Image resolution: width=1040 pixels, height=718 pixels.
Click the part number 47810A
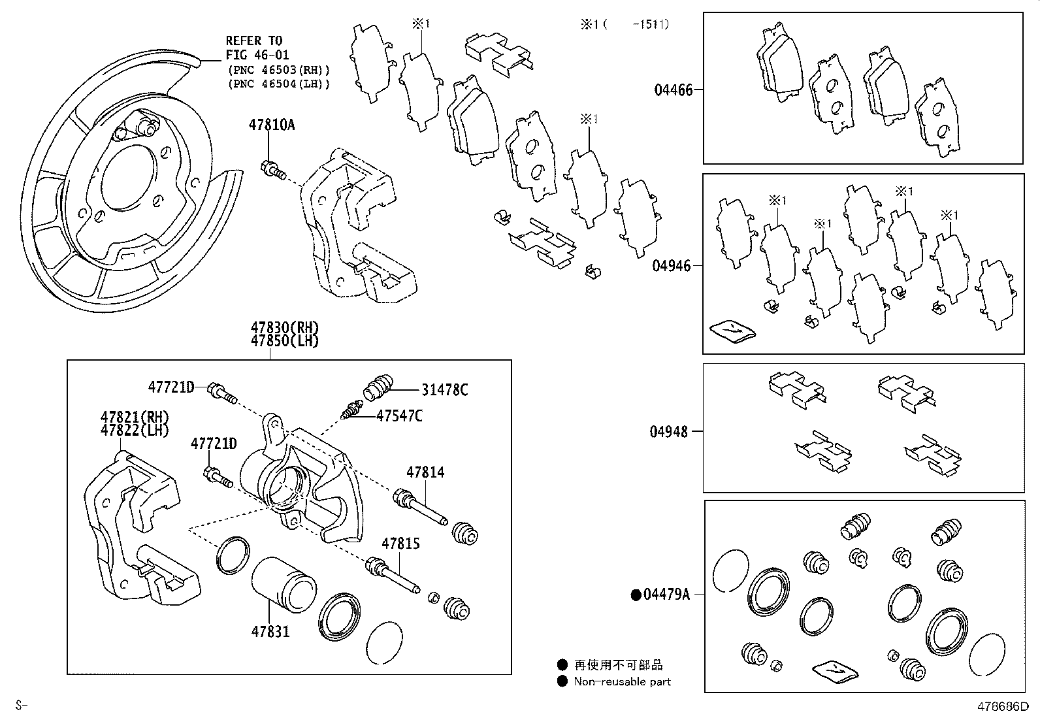(270, 124)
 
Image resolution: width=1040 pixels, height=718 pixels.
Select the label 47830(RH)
(284, 328)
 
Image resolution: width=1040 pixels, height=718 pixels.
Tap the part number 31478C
(444, 390)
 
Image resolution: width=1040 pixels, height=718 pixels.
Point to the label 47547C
(398, 416)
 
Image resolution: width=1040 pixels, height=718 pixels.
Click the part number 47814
(425, 472)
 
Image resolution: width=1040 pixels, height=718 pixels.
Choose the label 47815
(400, 544)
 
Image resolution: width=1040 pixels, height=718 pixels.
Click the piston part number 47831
(270, 632)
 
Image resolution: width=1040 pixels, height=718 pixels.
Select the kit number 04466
(673, 90)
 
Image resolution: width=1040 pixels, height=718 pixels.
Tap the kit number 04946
(671, 266)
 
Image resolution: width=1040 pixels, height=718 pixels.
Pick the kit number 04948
(668, 432)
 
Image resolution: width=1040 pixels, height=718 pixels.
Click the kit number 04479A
(666, 595)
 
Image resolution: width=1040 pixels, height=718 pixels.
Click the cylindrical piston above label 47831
(282, 587)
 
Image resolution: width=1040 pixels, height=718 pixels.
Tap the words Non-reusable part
(621, 681)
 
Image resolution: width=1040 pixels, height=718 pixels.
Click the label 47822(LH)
(135, 431)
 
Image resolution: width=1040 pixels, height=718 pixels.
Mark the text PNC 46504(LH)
(279, 84)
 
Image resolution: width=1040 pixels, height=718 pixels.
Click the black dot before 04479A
(635, 595)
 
